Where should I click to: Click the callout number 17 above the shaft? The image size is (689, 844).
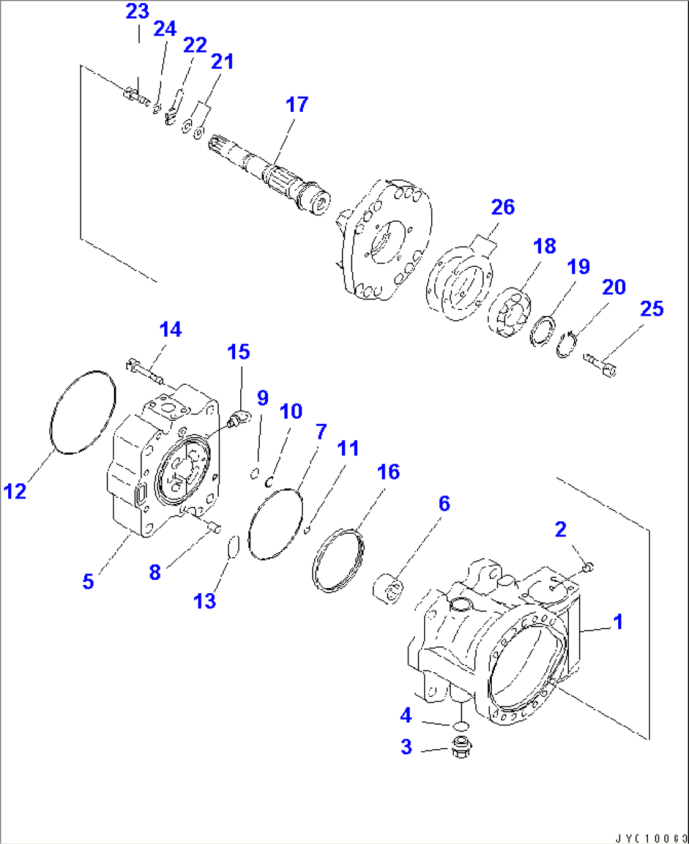click(x=296, y=105)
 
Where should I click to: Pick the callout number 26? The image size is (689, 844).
click(x=503, y=207)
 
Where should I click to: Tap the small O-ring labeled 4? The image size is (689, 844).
click(x=461, y=725)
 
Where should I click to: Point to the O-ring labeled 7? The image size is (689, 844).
click(x=276, y=524)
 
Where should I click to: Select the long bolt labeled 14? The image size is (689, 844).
click(x=147, y=371)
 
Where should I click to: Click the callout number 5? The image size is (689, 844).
click(x=88, y=581)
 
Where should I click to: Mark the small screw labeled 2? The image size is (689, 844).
click(x=587, y=567)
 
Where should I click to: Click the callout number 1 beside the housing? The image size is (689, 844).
click(x=618, y=622)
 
